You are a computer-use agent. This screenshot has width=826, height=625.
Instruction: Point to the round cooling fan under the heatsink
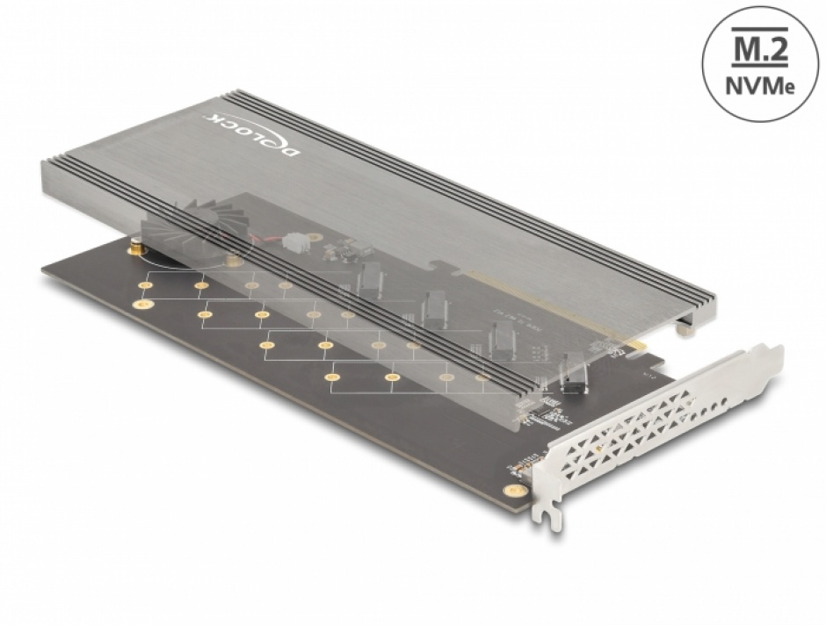[197, 233]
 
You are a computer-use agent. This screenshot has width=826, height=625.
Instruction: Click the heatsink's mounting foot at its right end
[685, 330]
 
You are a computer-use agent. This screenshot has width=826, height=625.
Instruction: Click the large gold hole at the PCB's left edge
[138, 304]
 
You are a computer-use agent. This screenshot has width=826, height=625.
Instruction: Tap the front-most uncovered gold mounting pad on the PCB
[332, 377]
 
